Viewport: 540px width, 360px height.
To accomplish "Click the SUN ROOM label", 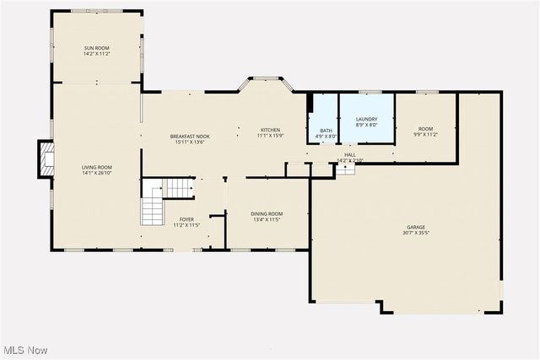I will click(x=97, y=48).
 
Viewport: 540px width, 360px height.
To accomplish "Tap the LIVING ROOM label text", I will click(x=97, y=167).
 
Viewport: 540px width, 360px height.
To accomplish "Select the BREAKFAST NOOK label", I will click(x=190, y=137).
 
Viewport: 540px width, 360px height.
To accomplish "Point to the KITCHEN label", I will click(x=271, y=130).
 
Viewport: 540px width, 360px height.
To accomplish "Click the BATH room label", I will click(x=326, y=130).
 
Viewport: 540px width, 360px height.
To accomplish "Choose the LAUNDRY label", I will click(x=366, y=120).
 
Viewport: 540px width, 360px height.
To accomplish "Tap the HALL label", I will click(x=350, y=154).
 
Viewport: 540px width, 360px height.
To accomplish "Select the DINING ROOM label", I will click(x=267, y=213).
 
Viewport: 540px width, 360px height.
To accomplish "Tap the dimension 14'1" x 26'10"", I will click(x=97, y=173).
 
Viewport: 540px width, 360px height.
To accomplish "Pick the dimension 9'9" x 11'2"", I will click(x=425, y=134).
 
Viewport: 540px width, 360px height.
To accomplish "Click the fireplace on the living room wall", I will click(x=46, y=160).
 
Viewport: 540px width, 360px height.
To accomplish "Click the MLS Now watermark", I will click(x=24, y=350).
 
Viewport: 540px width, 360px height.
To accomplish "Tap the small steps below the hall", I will click(x=345, y=169).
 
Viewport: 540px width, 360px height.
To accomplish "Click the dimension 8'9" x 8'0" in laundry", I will click(x=366, y=126).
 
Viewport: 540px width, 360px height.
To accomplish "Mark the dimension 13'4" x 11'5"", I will click(x=267, y=219).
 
